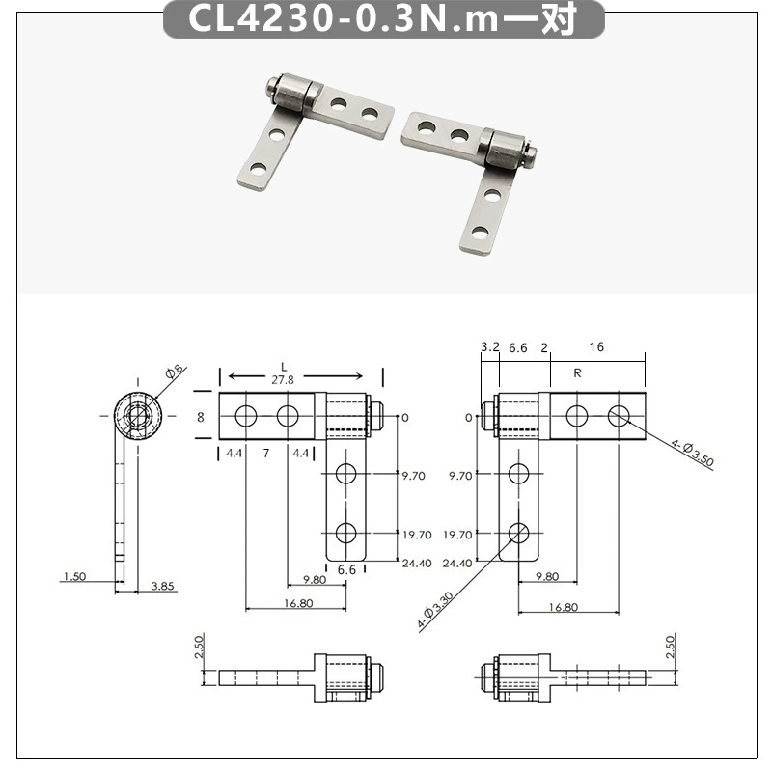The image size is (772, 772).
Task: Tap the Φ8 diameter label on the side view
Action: [x=175, y=372]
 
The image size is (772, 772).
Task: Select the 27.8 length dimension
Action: [x=283, y=380]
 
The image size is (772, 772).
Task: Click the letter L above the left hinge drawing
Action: [x=284, y=367]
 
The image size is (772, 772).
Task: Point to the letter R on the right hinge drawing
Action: [x=577, y=373]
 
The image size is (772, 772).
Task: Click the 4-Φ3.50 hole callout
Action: [x=692, y=453]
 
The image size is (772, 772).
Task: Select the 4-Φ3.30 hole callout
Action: [x=435, y=611]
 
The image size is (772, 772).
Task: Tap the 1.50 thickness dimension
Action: [x=75, y=576]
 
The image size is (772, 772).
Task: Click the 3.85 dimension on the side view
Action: [x=162, y=586]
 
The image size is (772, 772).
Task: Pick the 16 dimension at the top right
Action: [x=596, y=347]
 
